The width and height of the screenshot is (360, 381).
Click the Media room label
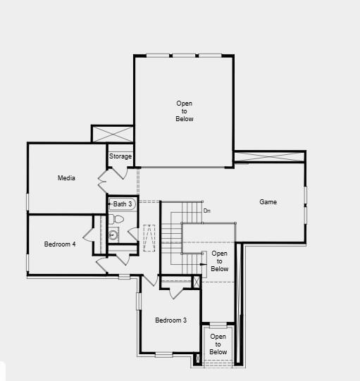tap(66, 178)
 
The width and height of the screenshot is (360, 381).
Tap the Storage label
tap(120, 156)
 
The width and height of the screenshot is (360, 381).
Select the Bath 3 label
tap(123, 204)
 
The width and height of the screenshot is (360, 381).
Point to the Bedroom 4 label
tap(60, 244)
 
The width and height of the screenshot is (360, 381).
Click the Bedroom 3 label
tap(170, 320)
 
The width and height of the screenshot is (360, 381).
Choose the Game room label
tap(268, 202)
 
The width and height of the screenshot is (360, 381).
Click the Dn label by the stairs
tap(206, 211)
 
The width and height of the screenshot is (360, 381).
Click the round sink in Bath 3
tap(113, 235)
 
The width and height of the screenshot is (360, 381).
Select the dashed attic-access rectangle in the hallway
tap(149, 238)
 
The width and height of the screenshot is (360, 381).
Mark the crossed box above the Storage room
tap(113, 134)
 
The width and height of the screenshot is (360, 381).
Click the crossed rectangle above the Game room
tap(269, 156)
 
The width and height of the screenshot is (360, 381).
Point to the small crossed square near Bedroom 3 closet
tap(197, 282)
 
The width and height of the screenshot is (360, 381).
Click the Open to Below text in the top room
tap(184, 111)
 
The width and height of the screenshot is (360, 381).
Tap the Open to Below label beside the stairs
tap(219, 261)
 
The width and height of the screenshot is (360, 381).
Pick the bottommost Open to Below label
tap(218, 344)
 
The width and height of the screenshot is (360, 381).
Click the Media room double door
tap(103, 180)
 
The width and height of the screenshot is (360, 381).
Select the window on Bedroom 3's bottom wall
tap(163, 354)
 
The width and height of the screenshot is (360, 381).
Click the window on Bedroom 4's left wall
tap(27, 262)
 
